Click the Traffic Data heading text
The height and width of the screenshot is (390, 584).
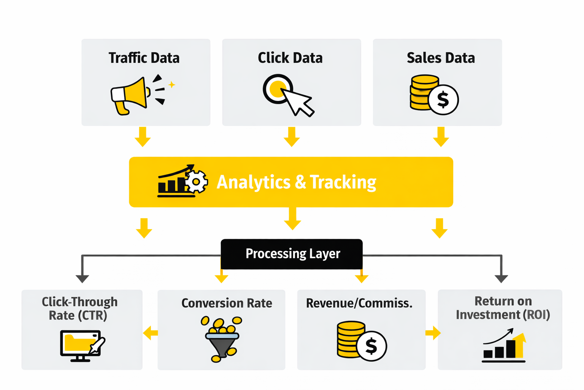coord(144,58)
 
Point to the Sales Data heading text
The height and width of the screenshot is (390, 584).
coord(441,58)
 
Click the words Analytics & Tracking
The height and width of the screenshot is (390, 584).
coord(296,182)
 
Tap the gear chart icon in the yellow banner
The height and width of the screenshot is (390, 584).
coord(182,181)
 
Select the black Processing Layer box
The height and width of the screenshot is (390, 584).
coord(292,254)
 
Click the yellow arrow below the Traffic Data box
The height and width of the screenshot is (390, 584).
coord(143,137)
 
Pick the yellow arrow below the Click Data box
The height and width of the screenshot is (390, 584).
coord(292,137)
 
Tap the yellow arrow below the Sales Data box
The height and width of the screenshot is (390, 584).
coord(441,137)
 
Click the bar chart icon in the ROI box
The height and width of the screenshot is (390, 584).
coord(504,346)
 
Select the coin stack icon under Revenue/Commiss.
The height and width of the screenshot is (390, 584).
coord(361,340)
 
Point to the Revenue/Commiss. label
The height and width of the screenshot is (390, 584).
coord(359,303)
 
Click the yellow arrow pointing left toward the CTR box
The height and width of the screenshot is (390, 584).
coord(151,333)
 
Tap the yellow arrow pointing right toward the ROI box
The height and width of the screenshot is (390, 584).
coord(433,333)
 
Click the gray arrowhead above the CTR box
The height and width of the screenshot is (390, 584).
coord(83,278)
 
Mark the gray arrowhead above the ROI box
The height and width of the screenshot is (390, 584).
coord(501,278)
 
